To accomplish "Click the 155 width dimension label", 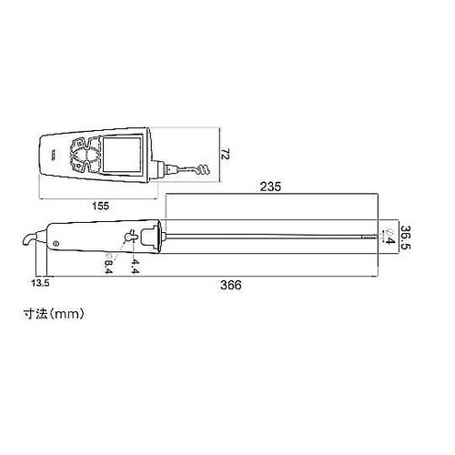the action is (x=100, y=206).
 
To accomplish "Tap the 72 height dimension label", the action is (x=226, y=154).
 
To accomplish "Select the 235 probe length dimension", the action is (x=270, y=187).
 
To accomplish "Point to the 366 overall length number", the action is (x=231, y=285).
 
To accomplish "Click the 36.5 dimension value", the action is (x=405, y=237).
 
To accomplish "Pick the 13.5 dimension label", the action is (x=40, y=283).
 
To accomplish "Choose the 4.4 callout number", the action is (x=135, y=266).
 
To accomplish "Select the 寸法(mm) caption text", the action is (x=54, y=314).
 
